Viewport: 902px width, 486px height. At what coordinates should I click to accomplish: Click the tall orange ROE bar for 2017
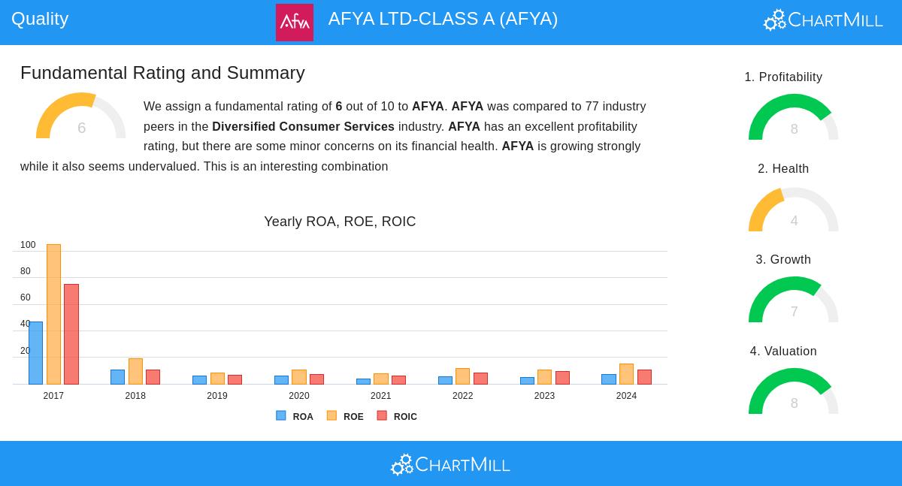(53, 314)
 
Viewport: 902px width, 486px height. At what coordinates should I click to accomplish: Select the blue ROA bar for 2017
(35, 353)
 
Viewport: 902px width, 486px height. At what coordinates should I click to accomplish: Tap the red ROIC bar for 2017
(71, 334)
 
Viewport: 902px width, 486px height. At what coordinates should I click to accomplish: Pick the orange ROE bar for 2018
(135, 371)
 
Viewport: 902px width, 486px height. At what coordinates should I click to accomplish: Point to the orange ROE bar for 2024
(626, 374)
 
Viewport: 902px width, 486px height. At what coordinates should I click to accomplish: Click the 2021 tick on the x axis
(381, 396)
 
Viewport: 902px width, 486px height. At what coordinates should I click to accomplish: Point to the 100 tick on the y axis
(28, 245)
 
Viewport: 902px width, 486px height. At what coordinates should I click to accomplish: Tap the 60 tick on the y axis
(26, 297)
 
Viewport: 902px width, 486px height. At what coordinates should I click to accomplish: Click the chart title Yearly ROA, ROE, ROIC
(340, 222)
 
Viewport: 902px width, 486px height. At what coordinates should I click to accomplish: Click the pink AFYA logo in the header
(295, 22)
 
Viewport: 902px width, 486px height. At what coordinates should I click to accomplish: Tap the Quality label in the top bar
(40, 19)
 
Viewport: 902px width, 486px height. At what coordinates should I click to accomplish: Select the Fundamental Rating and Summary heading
(162, 73)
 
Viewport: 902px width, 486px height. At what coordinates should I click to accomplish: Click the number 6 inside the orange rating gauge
(81, 128)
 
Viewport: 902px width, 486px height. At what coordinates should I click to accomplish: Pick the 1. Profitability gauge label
(783, 77)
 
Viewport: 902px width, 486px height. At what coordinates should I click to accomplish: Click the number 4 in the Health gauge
(794, 221)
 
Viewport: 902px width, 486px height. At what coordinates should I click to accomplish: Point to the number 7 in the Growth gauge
(794, 312)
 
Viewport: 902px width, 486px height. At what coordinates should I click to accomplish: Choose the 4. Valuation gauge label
(783, 352)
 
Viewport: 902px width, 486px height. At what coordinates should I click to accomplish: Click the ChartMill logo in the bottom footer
(450, 465)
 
